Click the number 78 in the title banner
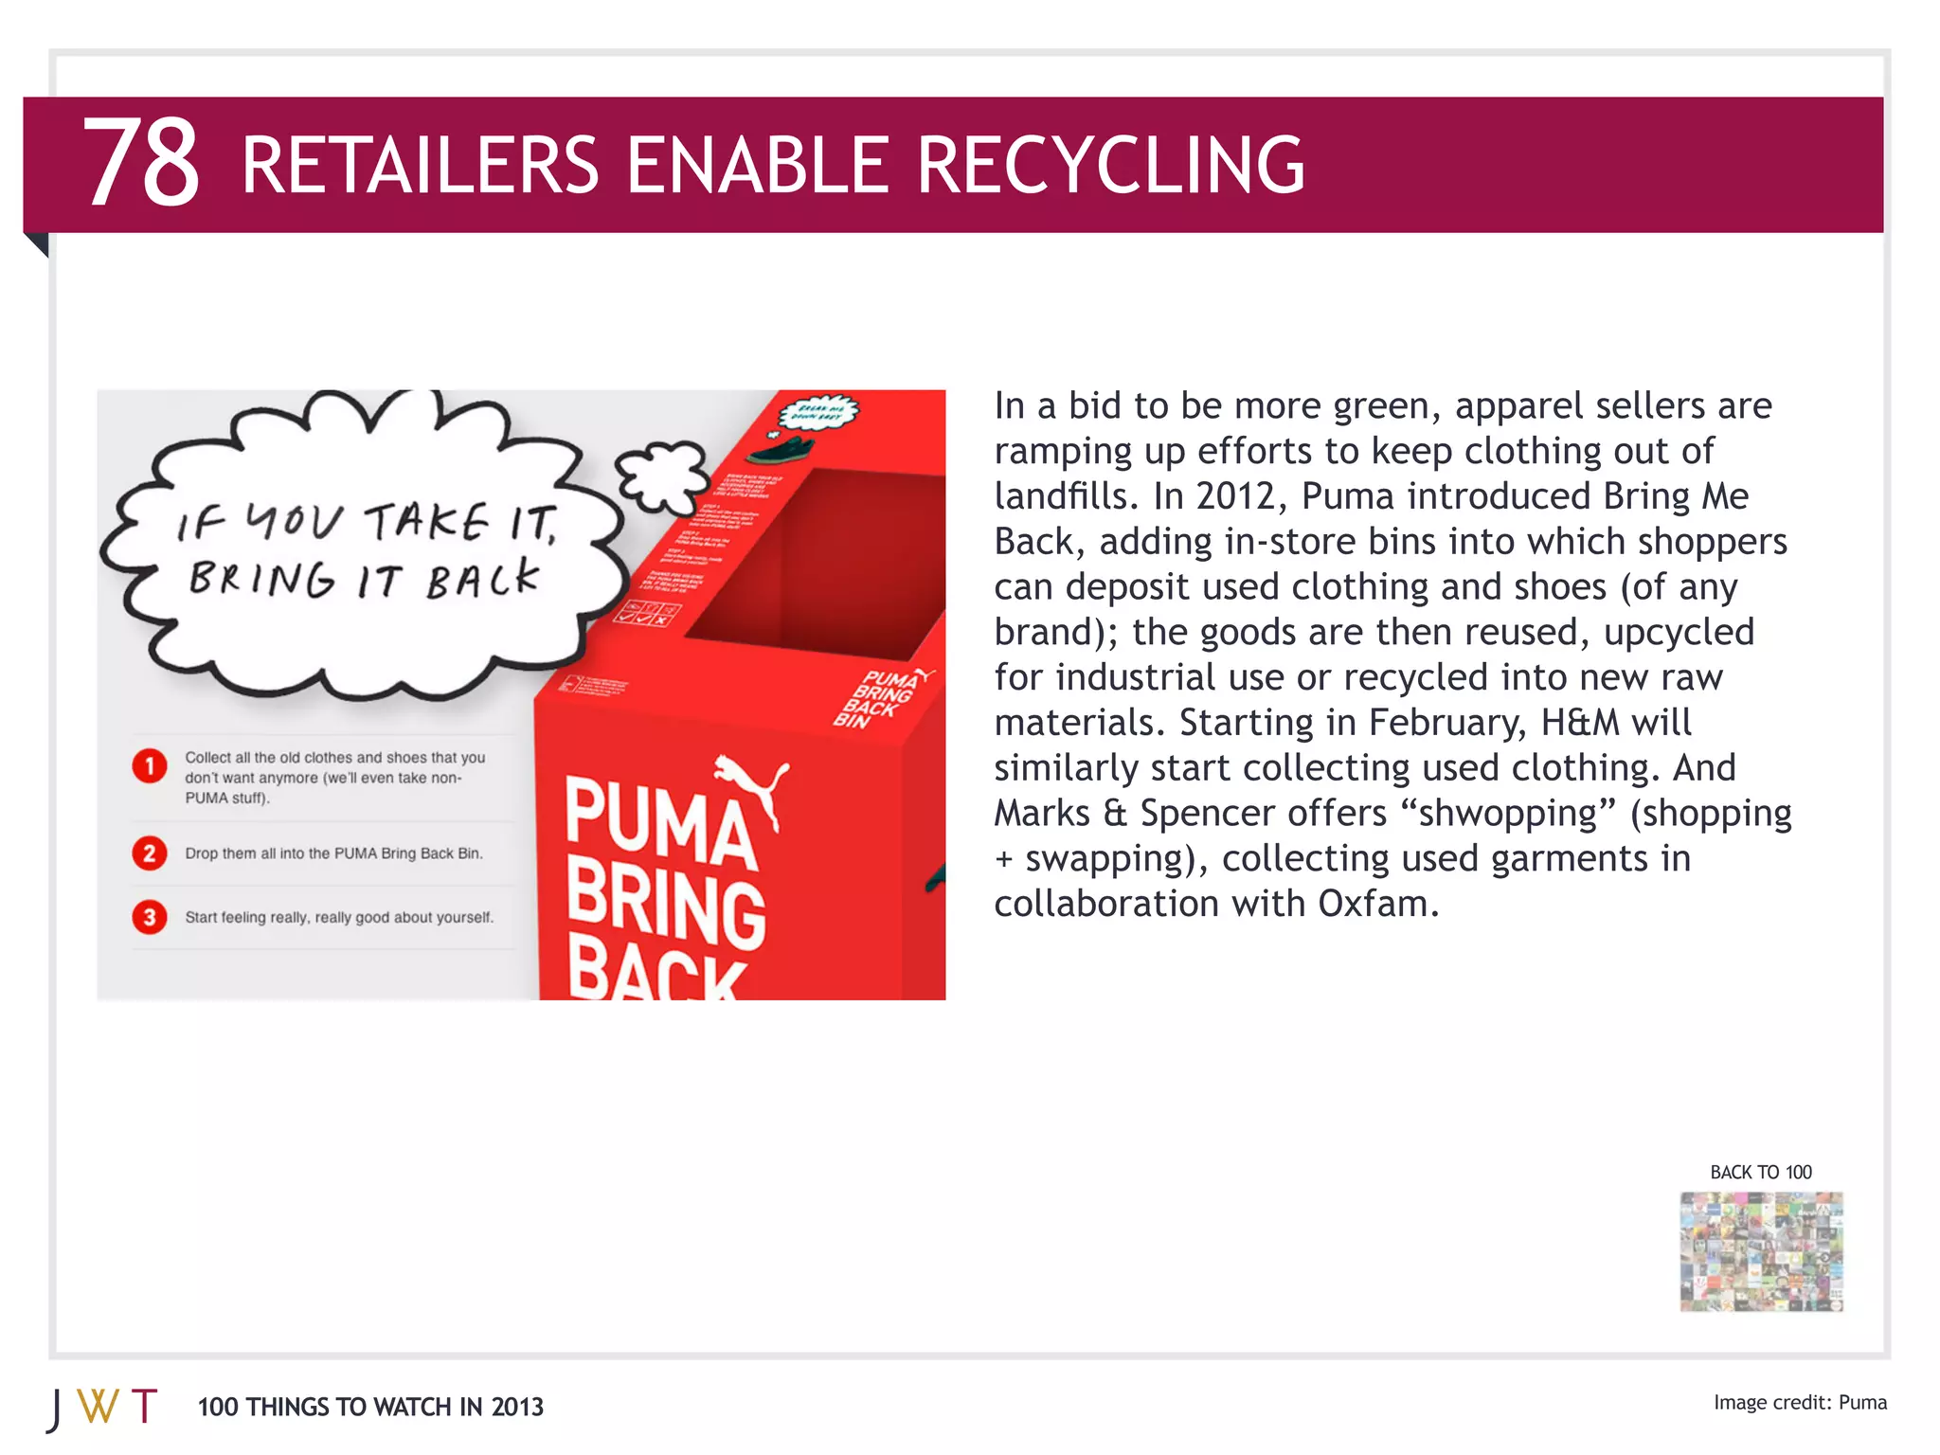142,162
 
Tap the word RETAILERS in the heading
420,166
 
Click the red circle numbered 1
150,765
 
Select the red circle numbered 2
150,853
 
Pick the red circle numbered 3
150,917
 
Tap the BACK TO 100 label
1760,1172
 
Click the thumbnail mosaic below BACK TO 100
1761,1251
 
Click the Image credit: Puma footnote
1799,1403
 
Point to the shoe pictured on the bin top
787,446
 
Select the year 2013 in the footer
517,1408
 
